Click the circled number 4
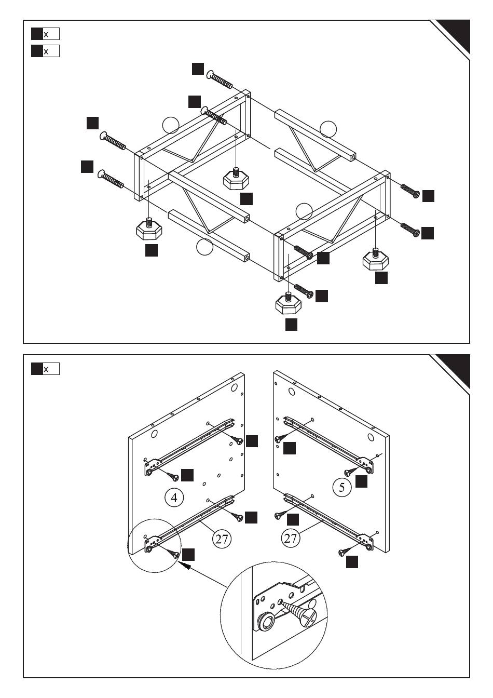click(x=174, y=498)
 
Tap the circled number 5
click(x=341, y=487)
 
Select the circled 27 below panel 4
click(x=222, y=539)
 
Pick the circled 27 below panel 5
click(x=291, y=538)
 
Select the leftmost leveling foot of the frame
click(x=149, y=230)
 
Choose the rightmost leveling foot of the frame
click(x=375, y=259)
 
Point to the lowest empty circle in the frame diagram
click(x=205, y=247)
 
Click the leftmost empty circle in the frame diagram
click(x=170, y=126)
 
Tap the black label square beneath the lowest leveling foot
click(x=292, y=324)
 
